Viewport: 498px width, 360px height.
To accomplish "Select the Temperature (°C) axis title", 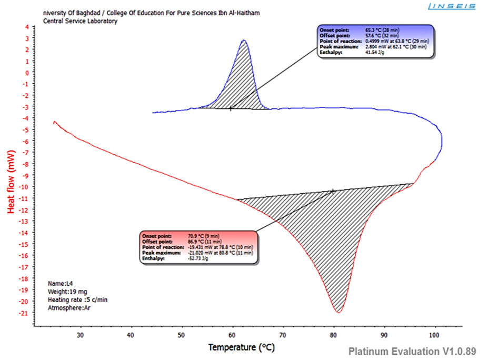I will coord(241,347).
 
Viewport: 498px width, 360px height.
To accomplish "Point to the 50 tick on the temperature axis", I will coord(181,335).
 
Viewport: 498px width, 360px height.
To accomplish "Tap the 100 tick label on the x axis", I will coord(434,335).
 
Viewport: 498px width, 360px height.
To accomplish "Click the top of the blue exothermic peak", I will coord(243,41).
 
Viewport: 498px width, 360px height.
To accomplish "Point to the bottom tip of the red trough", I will coord(338,313).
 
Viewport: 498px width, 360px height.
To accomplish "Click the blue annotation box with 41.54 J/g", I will coord(374,41).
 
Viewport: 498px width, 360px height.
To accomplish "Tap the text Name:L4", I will coord(60,283).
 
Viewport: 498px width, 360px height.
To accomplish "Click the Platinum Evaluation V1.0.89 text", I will coord(412,351).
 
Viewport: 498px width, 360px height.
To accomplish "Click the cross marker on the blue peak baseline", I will coord(231,108).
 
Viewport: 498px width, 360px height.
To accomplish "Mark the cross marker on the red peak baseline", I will coord(333,191).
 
